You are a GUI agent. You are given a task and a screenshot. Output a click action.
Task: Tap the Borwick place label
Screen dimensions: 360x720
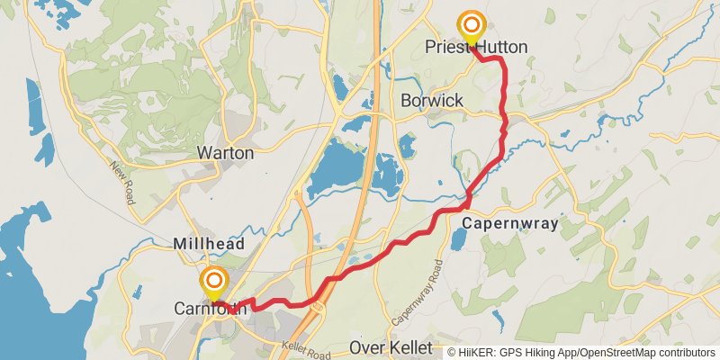click(433, 100)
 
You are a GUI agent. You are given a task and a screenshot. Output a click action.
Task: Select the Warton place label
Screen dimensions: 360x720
click(225, 153)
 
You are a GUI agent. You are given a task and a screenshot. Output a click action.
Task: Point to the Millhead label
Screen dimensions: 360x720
click(209, 244)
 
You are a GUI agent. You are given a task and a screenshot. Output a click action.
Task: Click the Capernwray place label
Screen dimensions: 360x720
click(510, 222)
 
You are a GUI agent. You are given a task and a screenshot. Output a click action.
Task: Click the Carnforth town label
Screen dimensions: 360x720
click(211, 309)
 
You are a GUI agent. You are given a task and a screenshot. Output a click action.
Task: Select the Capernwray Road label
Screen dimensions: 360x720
click(419, 292)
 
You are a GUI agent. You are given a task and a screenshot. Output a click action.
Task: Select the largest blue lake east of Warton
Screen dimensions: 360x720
click(340, 171)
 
